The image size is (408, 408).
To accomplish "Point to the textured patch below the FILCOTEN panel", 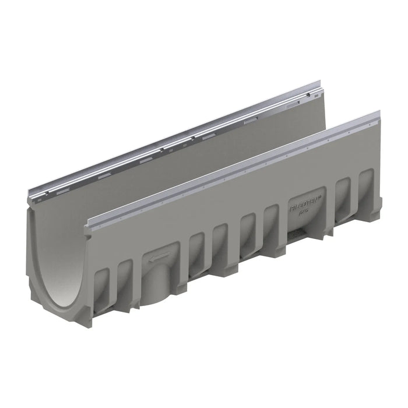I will point(303,233).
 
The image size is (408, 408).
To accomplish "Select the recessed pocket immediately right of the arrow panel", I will point(196,248).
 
